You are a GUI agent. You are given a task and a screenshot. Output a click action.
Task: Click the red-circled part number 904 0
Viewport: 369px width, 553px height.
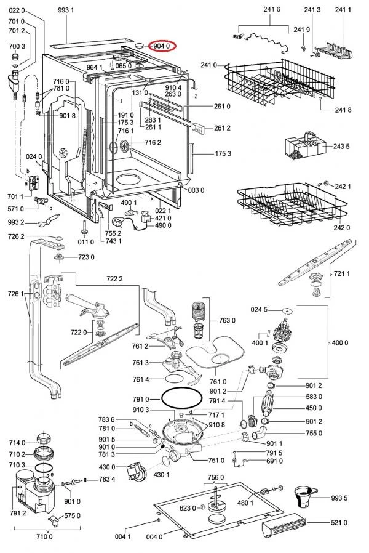pos(162,46)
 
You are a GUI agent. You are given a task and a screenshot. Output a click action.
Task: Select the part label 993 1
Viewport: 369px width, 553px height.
pos(66,10)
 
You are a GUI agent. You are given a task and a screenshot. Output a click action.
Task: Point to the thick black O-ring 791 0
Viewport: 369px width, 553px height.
pos(181,398)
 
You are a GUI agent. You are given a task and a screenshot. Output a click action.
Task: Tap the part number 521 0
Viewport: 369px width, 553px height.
pos(339,522)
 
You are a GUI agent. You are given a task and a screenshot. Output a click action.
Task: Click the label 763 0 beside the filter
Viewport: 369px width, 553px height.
pos(227,320)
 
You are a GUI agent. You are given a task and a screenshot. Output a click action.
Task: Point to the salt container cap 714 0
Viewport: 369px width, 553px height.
pos(44,439)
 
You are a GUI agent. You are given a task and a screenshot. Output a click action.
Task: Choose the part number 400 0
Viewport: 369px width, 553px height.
pos(339,342)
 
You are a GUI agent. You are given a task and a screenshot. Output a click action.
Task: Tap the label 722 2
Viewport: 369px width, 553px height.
pos(114,279)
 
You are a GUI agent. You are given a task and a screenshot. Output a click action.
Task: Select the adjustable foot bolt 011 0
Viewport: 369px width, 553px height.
pos(84,227)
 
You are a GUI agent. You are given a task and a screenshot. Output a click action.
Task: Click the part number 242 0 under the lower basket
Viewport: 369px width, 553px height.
pos(342,227)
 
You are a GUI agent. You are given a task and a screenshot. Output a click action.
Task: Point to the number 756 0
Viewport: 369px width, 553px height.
pos(215,477)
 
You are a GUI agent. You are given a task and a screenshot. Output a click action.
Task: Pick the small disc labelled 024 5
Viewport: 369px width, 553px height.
pos(287,311)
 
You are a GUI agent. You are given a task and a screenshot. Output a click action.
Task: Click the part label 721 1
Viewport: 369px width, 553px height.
pos(341,273)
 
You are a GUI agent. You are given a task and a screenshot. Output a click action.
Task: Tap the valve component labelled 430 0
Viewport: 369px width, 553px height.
pos(135,472)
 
